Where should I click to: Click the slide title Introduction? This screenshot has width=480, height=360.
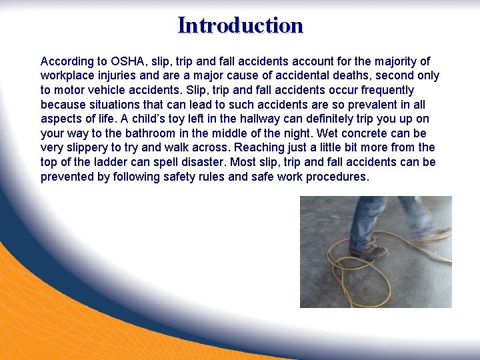click(x=240, y=25)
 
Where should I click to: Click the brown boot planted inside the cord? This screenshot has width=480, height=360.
click(x=367, y=253)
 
